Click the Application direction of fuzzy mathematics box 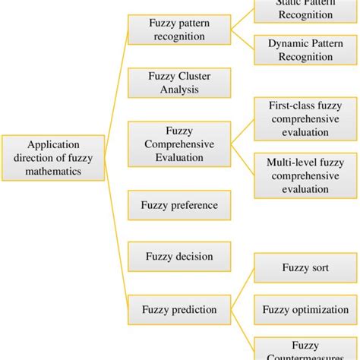coord(53,158)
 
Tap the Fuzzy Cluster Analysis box coord(179,83)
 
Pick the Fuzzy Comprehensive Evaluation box coord(179,144)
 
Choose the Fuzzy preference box coord(179,205)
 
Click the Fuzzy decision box coord(179,257)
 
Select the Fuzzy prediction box coord(179,309)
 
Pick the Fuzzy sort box coord(305,268)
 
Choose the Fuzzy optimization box coord(305,309)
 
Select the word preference coord(194,205)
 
